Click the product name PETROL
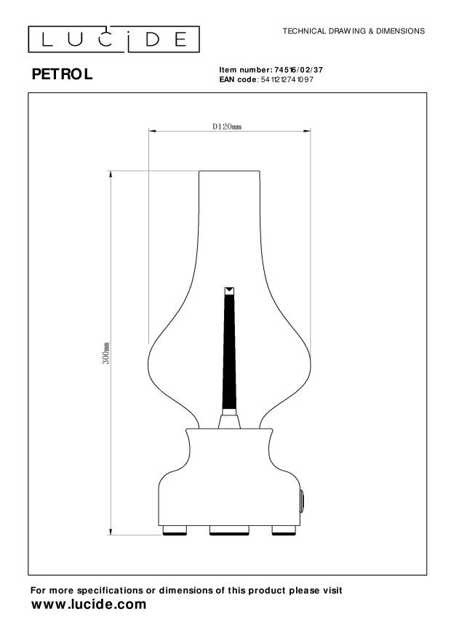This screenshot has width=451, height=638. [63, 74]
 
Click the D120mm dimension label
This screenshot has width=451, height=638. [227, 126]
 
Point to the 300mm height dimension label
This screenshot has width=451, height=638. [106, 353]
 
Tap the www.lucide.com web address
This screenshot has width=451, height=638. [88, 605]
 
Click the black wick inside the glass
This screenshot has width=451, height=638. [228, 349]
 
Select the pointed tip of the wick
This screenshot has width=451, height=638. [228, 291]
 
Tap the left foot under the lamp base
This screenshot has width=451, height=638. [173, 530]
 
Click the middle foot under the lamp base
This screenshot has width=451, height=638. [228, 530]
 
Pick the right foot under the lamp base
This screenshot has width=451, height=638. [282, 530]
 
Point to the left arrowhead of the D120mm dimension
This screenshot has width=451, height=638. [151, 132]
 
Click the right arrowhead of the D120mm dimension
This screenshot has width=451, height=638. [304, 132]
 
